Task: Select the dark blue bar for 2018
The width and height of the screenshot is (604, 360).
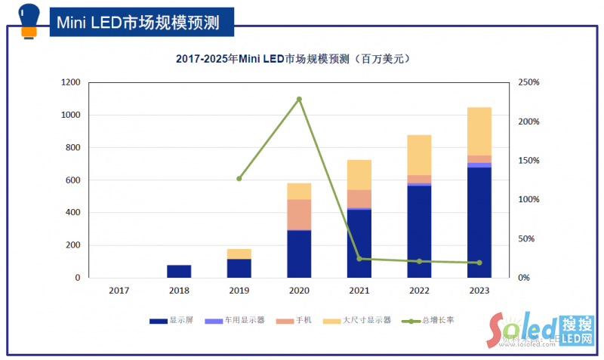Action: click(179, 271)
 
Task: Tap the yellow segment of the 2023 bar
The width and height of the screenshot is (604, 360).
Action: click(479, 131)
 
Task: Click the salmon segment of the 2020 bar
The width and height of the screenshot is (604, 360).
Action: click(299, 214)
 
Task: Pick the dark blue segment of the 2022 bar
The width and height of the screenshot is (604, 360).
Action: click(419, 231)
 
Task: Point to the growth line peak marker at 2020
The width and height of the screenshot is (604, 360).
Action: click(299, 99)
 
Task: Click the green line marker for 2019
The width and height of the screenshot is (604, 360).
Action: click(239, 179)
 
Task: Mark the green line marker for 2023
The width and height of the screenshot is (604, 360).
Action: click(479, 263)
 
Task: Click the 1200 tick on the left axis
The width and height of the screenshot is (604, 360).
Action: click(70, 82)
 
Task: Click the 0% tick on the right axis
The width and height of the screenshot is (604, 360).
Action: click(524, 278)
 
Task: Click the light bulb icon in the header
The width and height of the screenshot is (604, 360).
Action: click(29, 20)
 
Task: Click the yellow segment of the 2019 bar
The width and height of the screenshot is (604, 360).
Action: click(239, 254)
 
